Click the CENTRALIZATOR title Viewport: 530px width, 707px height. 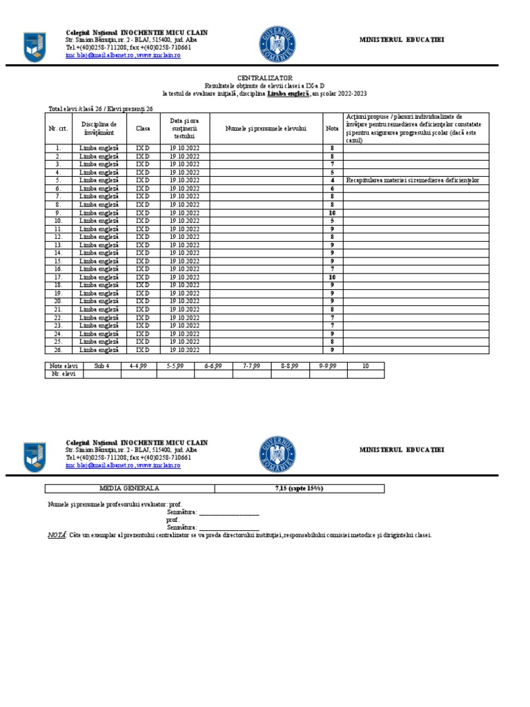265,78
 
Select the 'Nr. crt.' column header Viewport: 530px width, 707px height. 57,128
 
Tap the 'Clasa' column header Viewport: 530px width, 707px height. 143,128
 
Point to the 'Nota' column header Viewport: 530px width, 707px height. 332,128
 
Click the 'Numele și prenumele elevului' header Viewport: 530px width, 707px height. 266,128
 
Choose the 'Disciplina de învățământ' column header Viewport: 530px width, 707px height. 99,128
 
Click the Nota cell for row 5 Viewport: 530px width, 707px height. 332,180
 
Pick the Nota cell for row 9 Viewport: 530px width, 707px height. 332,213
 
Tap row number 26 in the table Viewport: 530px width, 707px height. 58,350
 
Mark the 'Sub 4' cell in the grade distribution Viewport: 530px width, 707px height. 102,366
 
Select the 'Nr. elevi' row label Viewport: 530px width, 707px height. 64,374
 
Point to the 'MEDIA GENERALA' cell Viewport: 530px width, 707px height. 130,488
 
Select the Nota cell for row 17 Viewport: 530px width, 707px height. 332,277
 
